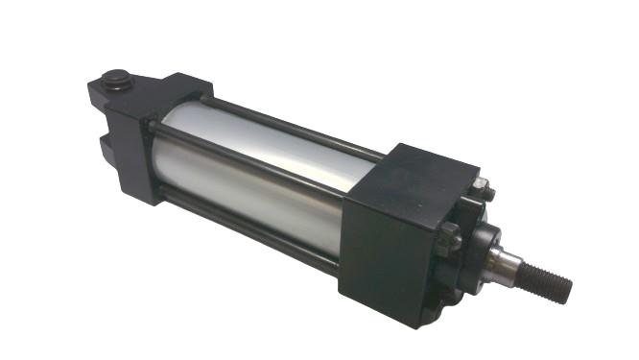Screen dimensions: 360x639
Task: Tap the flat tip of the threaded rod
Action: click(568, 286)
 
